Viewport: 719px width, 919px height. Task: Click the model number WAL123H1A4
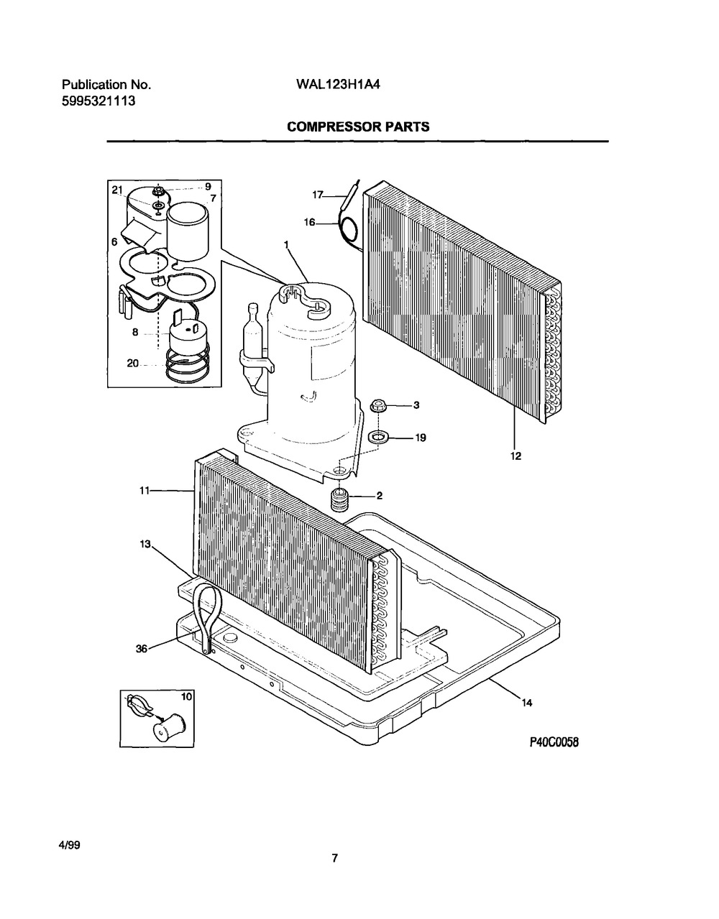pyautogui.click(x=338, y=85)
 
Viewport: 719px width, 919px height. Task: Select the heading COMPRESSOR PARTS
pyautogui.click(x=358, y=126)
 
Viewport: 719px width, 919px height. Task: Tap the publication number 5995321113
pyautogui.click(x=99, y=101)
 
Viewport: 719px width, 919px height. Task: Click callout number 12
pyautogui.click(x=516, y=456)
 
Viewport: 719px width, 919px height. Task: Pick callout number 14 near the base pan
pyautogui.click(x=527, y=703)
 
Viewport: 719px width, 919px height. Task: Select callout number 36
pyautogui.click(x=142, y=648)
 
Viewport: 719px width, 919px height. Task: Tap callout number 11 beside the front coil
pyautogui.click(x=145, y=491)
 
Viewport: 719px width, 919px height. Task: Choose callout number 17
pyautogui.click(x=317, y=195)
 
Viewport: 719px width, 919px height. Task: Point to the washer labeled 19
pyautogui.click(x=377, y=437)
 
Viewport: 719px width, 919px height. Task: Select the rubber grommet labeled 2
pyautogui.click(x=338, y=499)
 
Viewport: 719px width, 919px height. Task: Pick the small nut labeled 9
pyautogui.click(x=159, y=190)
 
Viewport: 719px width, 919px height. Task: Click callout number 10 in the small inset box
pyautogui.click(x=186, y=696)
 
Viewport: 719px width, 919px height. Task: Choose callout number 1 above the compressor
pyautogui.click(x=286, y=244)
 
